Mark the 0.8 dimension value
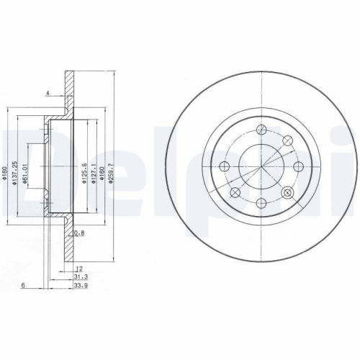tap(80, 233)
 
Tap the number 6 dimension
tap(24, 285)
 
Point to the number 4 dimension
tap(47, 93)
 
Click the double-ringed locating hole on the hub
tap(289, 192)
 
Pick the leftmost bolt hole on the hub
tap(224, 167)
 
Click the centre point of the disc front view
tap(260, 167)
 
